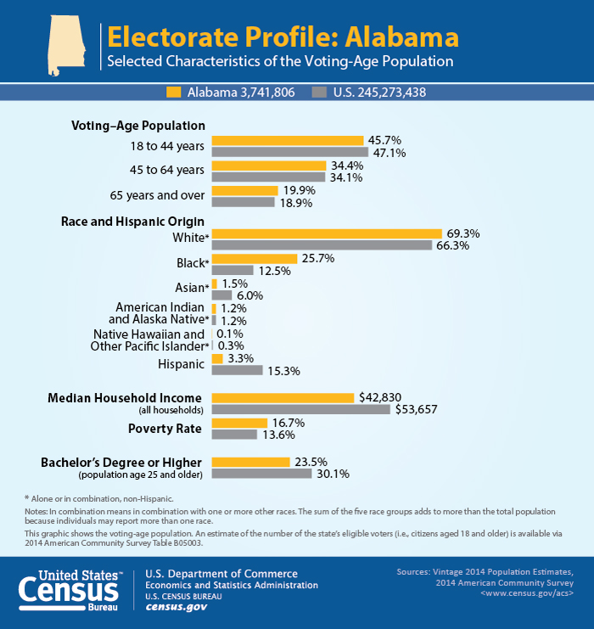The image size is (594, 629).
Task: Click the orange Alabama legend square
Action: coord(174,92)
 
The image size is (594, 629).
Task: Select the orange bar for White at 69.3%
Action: coord(327,233)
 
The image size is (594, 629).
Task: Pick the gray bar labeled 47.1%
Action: coord(289,153)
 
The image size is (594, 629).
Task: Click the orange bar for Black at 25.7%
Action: coord(254,258)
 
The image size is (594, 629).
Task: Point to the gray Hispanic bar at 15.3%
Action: coord(237,370)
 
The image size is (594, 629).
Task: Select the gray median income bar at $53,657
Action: coord(300,409)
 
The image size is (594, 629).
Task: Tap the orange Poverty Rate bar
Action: coord(239,423)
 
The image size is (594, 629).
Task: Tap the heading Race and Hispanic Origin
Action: coord(132,222)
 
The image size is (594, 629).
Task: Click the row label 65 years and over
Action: coord(157,195)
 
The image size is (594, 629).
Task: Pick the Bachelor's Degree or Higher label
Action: coord(121,462)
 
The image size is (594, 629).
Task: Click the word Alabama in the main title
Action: coord(396,37)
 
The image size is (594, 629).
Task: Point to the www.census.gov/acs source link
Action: coord(526,594)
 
